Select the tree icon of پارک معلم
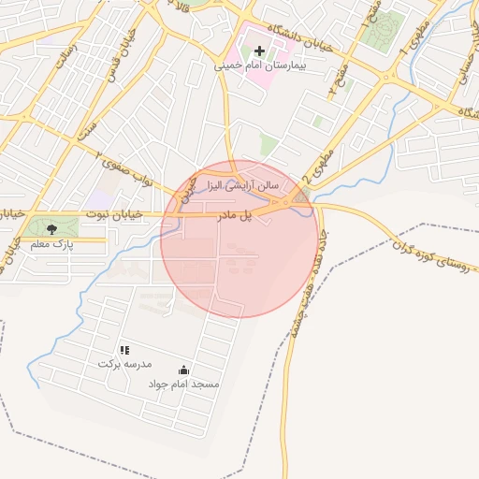[x=51, y=228]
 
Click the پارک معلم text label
[x=51, y=244]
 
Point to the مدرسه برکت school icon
[x=124, y=349]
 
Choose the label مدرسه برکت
[x=124, y=363]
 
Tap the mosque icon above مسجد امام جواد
[x=183, y=370]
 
